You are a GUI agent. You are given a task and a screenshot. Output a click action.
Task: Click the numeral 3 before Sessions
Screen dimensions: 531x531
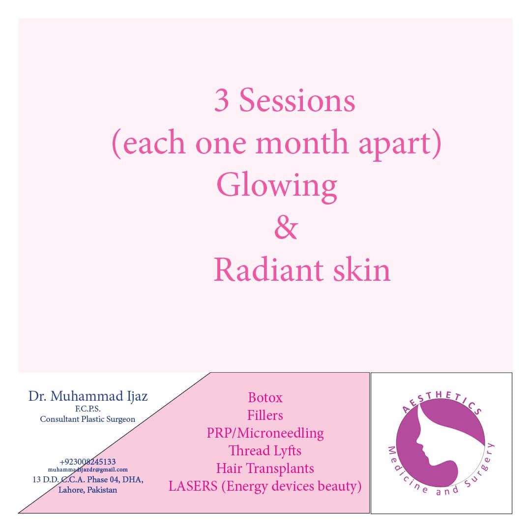221,100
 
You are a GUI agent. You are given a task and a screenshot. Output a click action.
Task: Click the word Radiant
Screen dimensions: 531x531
268,270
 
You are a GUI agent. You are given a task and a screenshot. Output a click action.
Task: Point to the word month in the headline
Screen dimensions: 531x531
302,143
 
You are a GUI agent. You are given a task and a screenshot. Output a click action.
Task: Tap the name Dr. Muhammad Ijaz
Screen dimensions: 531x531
88,396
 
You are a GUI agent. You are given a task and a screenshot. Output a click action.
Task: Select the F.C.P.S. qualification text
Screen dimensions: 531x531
88,409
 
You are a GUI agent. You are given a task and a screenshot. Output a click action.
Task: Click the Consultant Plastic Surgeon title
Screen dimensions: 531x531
88,419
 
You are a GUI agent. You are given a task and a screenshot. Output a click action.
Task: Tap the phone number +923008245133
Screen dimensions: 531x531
88,462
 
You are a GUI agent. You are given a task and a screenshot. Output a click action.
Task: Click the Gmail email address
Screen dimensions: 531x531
88,470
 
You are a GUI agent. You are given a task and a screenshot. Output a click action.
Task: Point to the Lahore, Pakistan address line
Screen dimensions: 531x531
88,490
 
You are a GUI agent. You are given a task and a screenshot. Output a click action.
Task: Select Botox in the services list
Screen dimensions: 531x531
265,398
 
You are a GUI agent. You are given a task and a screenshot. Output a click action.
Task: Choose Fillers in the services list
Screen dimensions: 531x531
265,415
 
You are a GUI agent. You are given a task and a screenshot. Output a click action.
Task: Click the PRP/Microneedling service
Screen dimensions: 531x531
265,433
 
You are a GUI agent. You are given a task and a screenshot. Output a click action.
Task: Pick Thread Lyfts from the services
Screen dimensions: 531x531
265,451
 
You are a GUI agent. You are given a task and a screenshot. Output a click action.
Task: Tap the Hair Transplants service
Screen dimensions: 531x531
265,469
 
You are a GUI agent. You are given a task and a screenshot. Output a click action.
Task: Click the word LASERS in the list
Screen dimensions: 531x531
193,486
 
